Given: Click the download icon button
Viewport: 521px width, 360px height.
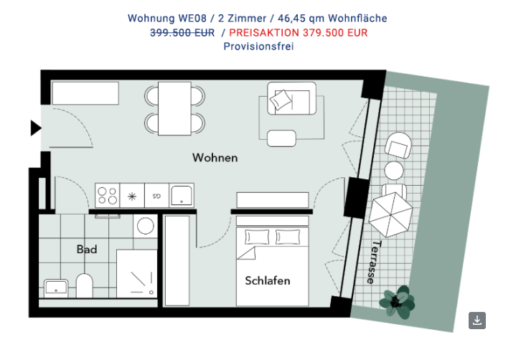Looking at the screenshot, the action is coord(477,321).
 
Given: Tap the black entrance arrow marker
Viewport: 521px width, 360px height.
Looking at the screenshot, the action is coord(36,128).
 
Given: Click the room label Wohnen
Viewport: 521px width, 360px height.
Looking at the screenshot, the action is coord(215,158).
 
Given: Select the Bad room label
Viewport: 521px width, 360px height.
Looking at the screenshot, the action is coord(87,249).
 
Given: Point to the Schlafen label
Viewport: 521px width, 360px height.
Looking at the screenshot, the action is coord(268,281).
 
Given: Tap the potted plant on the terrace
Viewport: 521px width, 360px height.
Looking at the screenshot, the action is coord(397,302).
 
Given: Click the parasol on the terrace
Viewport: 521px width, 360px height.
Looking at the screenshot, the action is coord(390,214).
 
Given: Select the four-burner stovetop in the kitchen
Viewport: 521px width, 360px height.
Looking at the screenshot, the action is coord(108,196).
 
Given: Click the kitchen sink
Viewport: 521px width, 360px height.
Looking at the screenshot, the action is coord(182,196).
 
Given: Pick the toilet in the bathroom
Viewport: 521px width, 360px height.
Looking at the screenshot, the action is coord(85,285).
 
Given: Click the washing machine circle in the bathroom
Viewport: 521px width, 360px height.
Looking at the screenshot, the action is coord(146,227).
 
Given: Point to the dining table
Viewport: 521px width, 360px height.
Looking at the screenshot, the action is coord(174,108).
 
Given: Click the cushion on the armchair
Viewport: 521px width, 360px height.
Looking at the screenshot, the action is coord(281,100).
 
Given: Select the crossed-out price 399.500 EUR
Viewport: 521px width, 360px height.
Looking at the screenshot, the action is coord(182,33).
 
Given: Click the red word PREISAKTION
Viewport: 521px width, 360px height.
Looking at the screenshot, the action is coord(264,33).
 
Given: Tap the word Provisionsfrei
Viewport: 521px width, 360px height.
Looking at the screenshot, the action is coord(258,46).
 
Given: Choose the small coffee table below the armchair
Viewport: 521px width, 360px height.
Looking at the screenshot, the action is coord(281,138).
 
